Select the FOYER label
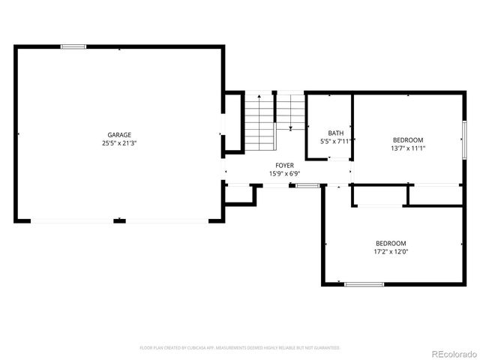284,165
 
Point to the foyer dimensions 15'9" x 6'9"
284,173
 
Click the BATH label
335,133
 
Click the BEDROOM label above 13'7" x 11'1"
408,139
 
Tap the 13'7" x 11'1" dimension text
408,148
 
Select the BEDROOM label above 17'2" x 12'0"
391,243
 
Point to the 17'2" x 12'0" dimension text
391,251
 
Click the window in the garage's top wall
73,47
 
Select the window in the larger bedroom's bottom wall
364,284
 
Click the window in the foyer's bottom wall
307,184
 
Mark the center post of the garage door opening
118,220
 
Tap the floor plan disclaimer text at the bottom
240,348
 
